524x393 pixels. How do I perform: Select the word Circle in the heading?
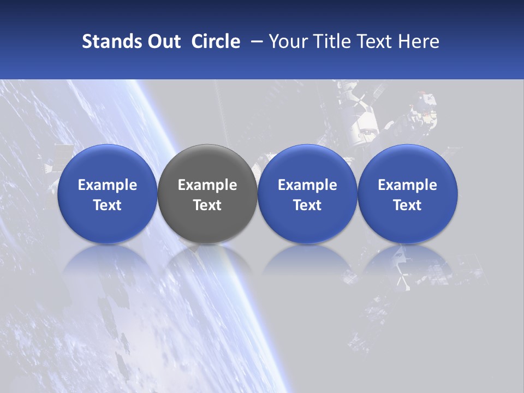(216, 41)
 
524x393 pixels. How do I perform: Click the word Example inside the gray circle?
(207, 185)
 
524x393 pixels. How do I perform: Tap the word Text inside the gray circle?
(207, 205)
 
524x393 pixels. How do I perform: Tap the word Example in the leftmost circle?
(108, 185)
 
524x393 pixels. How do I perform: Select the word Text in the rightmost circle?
(408, 205)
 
